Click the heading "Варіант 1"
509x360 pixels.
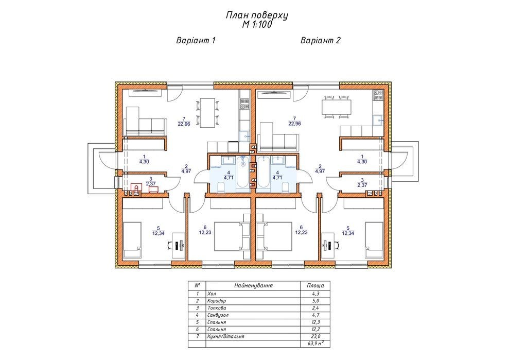(196, 41)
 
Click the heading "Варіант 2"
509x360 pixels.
(321, 41)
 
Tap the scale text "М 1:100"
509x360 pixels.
(257, 25)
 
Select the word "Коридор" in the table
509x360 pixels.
(217, 301)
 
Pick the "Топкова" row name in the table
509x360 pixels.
(217, 308)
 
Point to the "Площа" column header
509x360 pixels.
(315, 286)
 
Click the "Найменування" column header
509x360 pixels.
(253, 286)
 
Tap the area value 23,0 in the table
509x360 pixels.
(315, 337)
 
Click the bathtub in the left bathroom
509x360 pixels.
(242, 173)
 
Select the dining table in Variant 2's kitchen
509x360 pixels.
(336, 107)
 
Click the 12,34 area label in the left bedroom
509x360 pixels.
(158, 233)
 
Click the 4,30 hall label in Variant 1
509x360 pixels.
(144, 162)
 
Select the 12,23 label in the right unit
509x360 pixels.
(301, 233)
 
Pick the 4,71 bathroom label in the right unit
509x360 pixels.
(277, 177)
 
